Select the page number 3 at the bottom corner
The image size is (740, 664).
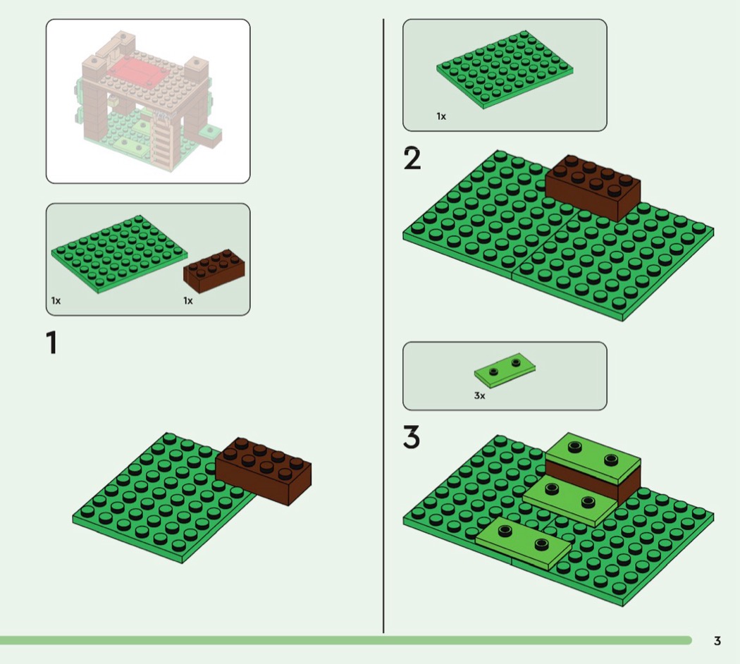click(x=717, y=641)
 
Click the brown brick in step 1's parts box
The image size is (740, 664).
click(x=214, y=271)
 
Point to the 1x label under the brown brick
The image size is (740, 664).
click(x=188, y=300)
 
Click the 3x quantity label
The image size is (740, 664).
click(x=479, y=395)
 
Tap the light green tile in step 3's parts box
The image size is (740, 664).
click(x=505, y=368)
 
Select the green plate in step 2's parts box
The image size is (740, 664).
click(x=505, y=69)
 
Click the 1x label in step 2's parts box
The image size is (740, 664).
click(x=440, y=116)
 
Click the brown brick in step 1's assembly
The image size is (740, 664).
click(x=264, y=471)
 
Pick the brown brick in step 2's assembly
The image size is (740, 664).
click(x=593, y=187)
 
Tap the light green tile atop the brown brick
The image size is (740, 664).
click(x=593, y=456)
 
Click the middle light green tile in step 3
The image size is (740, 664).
click(x=570, y=500)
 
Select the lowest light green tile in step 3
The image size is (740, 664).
click(x=524, y=543)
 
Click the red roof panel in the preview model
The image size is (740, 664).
click(x=135, y=70)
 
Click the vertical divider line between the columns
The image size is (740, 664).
click(x=383, y=326)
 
